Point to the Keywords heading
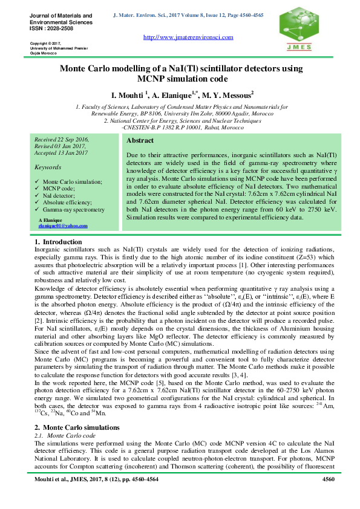[x=48, y=166]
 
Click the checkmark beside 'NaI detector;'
[x=38, y=195]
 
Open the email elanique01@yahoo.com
[x=63, y=225]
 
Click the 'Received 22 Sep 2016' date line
[x=61, y=139]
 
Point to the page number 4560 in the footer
[x=328, y=479]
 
